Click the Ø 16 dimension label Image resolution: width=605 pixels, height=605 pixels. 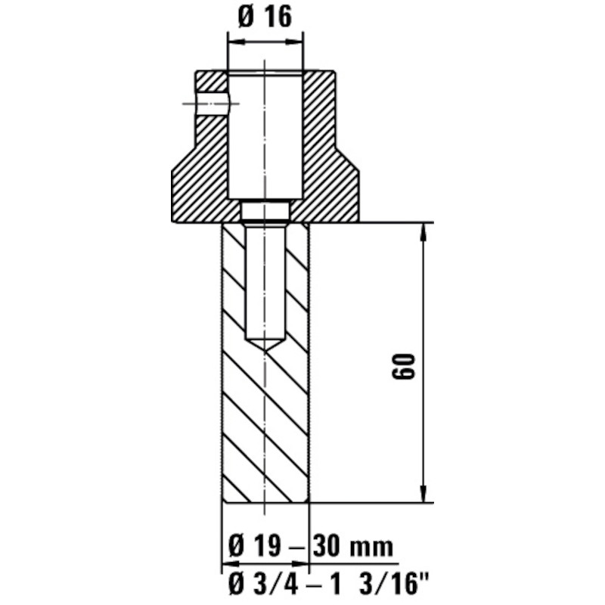pyautogui.click(x=265, y=17)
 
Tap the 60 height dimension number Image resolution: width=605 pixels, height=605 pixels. pyautogui.click(x=403, y=366)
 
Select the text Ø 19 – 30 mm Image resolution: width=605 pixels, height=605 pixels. pyautogui.click(x=311, y=546)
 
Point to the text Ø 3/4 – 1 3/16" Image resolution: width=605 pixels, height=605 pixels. pyautogui.click(x=329, y=584)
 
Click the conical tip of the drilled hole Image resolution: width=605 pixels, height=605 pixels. pyautogui.click(x=265, y=345)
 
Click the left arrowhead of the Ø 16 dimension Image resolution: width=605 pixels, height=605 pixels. pyautogui.click(x=237, y=42)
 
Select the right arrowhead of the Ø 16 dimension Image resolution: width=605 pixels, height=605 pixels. pyautogui.click(x=294, y=42)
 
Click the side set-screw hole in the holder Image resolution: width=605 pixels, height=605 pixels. pyautogui.click(x=212, y=104)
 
